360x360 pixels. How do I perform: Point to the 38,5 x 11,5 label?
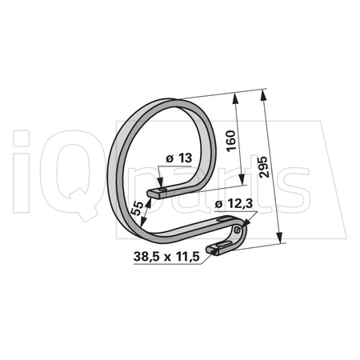[x=164, y=258]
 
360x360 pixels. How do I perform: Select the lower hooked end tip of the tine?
[x=212, y=251]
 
